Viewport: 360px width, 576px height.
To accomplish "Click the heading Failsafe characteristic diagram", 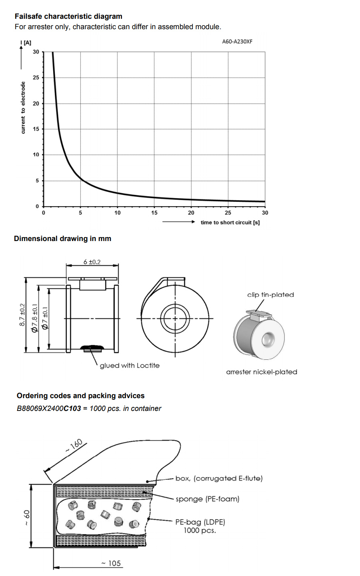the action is [x=68, y=16].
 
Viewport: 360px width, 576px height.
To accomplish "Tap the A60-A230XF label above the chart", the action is [x=237, y=42].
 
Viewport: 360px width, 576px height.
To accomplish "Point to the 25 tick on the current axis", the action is [x=36, y=78].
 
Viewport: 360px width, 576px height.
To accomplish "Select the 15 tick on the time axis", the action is [x=154, y=213].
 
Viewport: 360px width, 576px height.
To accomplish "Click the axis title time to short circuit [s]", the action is [x=230, y=222].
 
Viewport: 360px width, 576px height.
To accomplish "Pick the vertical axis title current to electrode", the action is [x=23, y=108].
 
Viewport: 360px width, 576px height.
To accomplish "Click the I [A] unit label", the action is [x=26, y=43].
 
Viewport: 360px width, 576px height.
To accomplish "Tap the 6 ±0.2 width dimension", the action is [x=92, y=262].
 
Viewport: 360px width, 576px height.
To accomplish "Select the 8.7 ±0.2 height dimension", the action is [x=22, y=315].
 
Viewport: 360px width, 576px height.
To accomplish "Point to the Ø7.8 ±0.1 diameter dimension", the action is [x=34, y=318].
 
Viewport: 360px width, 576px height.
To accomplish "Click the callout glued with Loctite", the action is [x=130, y=365].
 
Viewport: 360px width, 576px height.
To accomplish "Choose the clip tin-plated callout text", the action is [x=270, y=295].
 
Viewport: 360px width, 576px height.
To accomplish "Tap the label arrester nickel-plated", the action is [x=262, y=372].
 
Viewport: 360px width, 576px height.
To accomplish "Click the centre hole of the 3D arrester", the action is [x=268, y=339].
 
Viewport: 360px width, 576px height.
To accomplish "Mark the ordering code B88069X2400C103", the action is [x=49, y=409].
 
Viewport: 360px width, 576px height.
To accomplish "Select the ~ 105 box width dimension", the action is [x=111, y=563].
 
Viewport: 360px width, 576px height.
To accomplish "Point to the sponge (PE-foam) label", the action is [x=208, y=499].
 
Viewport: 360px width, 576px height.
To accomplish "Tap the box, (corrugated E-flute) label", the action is [x=219, y=478].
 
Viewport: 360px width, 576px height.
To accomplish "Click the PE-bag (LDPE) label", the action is [x=200, y=522].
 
